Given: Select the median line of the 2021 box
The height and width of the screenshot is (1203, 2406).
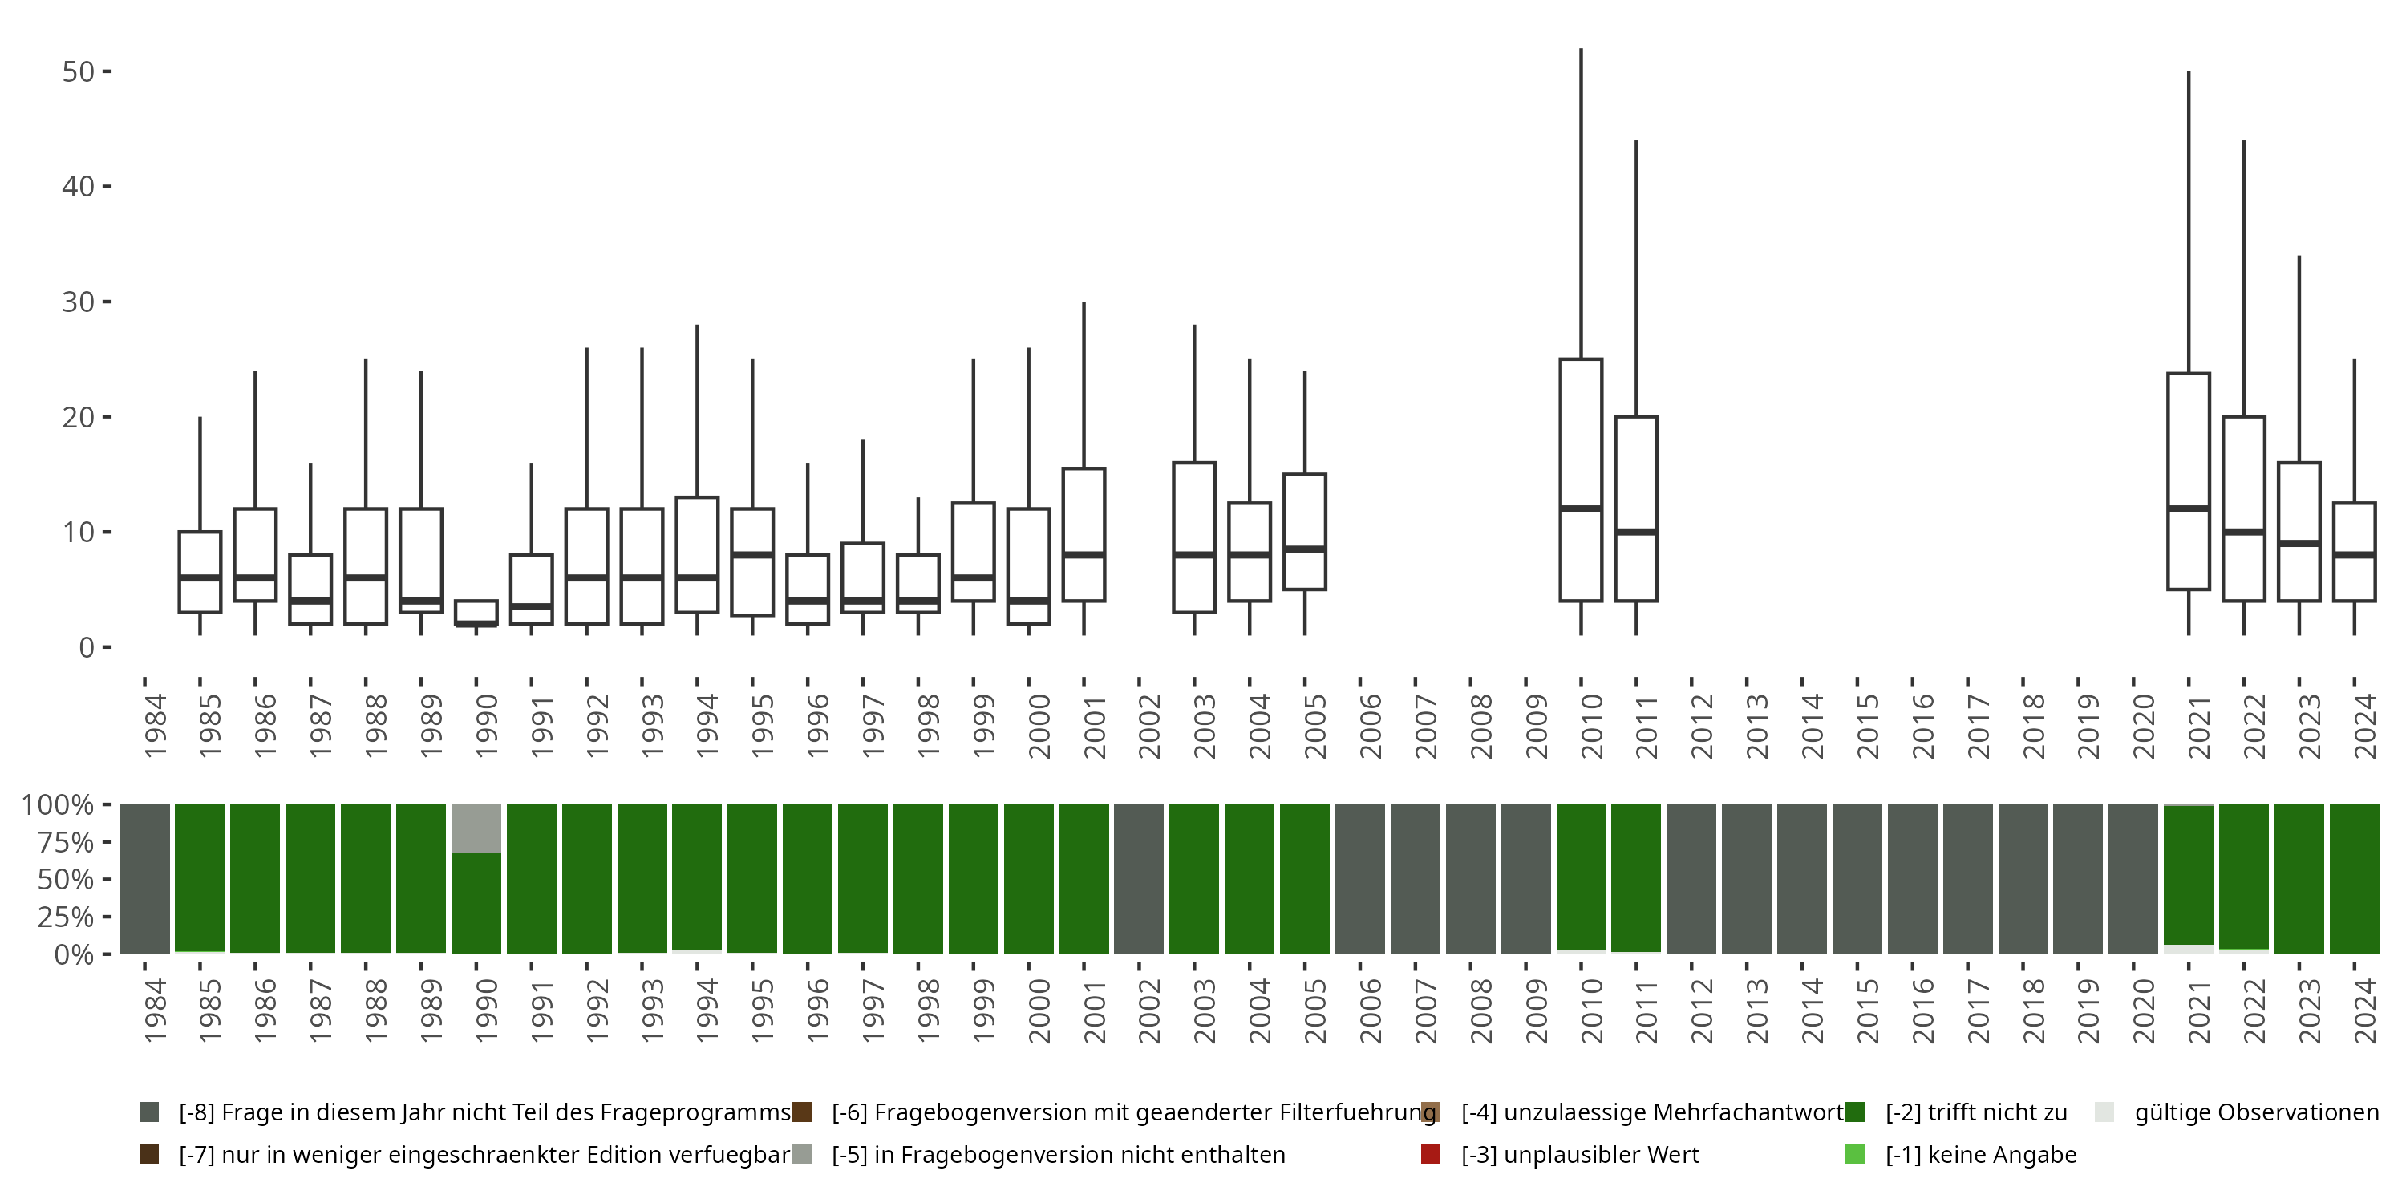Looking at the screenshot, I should [x=2189, y=509].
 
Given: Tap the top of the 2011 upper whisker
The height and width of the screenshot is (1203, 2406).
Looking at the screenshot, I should [x=1636, y=141].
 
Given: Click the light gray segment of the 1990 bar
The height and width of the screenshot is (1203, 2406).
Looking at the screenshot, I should [x=476, y=828].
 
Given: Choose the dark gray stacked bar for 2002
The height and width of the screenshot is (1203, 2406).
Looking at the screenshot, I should [x=1139, y=879].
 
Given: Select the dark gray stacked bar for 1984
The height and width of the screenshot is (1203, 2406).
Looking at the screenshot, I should [x=145, y=879].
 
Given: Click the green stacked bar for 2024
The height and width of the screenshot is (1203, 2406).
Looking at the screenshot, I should [x=2355, y=879].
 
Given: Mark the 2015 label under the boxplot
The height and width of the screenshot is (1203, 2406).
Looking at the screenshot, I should [x=1867, y=727].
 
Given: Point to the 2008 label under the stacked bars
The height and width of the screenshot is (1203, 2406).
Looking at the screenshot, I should [x=1481, y=1011].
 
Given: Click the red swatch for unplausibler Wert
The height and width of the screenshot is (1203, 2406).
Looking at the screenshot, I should [x=1430, y=1154].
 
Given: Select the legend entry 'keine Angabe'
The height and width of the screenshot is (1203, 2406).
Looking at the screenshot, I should [x=1980, y=1154].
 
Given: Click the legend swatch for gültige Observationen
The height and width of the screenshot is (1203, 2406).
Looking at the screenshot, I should [x=2104, y=1112].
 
